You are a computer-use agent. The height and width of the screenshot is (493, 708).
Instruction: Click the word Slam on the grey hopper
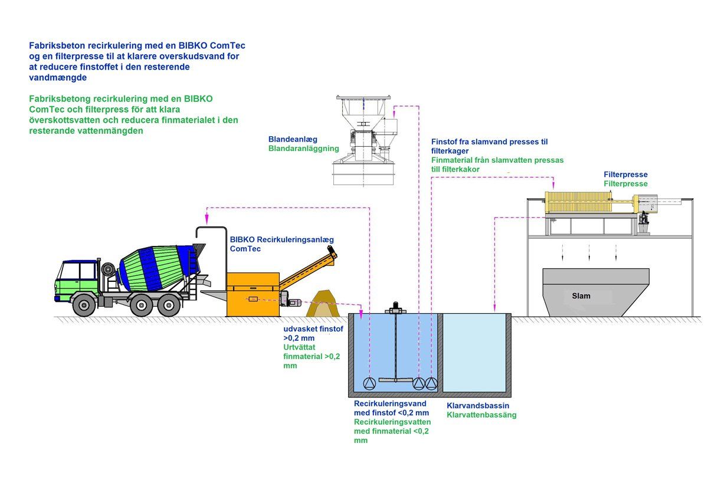[581, 295]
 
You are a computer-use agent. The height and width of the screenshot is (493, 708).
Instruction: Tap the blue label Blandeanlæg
[293, 139]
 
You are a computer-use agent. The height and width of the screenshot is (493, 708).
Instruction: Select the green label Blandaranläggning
[303, 149]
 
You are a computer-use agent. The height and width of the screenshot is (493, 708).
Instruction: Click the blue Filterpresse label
[625, 175]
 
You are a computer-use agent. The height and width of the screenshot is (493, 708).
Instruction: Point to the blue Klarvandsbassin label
[478, 406]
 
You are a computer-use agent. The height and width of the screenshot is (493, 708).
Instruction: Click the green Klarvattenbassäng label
[481, 415]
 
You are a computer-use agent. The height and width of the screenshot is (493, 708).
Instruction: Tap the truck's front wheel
[84, 305]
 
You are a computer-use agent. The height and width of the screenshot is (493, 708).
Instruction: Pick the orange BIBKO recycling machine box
[253, 293]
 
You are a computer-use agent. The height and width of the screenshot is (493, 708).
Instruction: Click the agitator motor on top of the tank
[395, 307]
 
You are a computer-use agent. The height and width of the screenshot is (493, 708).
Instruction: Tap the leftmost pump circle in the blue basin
[369, 383]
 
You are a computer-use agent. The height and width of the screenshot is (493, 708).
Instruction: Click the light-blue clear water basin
[474, 353]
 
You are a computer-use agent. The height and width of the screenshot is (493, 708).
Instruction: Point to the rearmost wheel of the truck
[170, 305]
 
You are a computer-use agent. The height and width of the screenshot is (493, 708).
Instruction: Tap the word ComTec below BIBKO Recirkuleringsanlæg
[245, 249]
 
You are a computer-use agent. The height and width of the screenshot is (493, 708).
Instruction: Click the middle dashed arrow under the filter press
[589, 252]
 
